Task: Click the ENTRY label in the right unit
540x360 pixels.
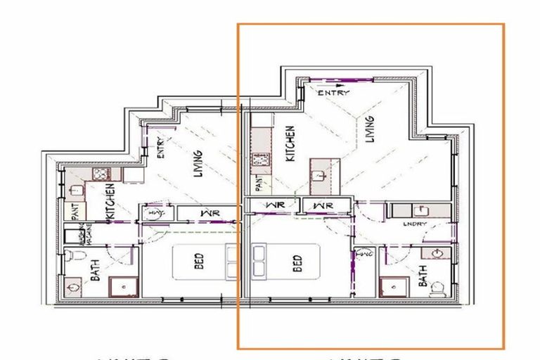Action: pyautogui.click(x=333, y=92)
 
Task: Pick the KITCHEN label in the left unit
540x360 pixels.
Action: pyautogui.click(x=110, y=203)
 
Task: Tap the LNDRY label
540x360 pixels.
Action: pyautogui.click(x=415, y=224)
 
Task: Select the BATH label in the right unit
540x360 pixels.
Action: pyautogui.click(x=423, y=280)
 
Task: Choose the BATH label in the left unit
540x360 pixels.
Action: pyautogui.click(x=96, y=270)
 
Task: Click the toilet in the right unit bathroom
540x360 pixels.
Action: pyautogui.click(x=437, y=288)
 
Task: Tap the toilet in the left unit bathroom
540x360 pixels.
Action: pyautogui.click(x=72, y=259)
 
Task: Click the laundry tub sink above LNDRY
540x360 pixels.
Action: pyautogui.click(x=420, y=210)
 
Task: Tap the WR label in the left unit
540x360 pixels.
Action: pyautogui.click(x=206, y=212)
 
